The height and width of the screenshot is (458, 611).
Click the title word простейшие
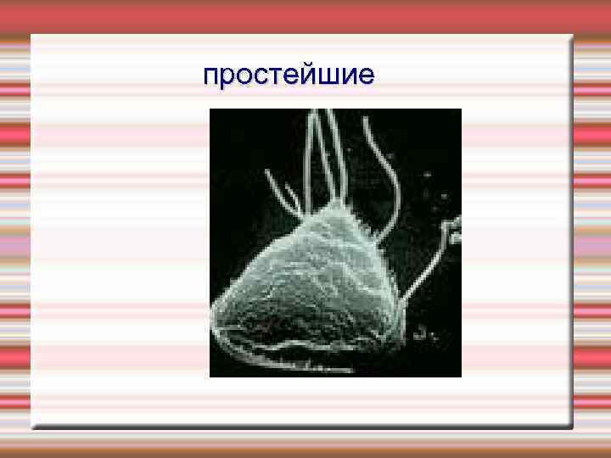289,76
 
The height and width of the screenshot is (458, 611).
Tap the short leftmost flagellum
280,191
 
